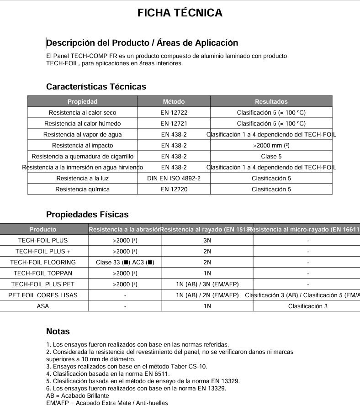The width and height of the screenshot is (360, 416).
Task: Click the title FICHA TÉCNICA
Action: coord(180,13)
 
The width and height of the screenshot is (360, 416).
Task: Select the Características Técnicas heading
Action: coord(96,87)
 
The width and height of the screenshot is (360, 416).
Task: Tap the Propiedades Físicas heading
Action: coord(87,215)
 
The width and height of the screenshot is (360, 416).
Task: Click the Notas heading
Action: coord(58,332)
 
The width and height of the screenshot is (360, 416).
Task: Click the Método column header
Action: coord(174,101)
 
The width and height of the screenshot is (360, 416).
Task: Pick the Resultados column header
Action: coord(271,101)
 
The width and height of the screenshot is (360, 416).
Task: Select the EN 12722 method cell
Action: coord(174,112)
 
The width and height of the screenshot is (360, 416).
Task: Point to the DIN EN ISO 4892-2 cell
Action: coord(174,178)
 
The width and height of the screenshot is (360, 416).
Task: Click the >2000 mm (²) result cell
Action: coord(271,145)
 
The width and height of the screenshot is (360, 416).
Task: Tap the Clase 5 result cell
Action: coord(271,156)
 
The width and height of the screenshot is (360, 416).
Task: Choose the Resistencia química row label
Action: coord(82,189)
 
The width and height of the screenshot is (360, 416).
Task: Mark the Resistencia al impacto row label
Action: coord(82,145)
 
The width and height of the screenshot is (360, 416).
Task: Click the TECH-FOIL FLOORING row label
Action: coord(43,262)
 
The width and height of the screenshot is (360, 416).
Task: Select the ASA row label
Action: coord(43,306)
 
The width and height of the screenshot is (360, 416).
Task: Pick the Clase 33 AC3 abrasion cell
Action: coord(125,262)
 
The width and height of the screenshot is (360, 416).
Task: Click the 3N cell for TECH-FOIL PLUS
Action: coord(207,240)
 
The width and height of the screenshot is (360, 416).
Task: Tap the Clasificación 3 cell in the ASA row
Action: coord(307,306)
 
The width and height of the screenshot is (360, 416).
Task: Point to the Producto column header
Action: coord(43,229)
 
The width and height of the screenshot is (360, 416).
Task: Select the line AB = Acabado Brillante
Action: coord(78,395)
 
